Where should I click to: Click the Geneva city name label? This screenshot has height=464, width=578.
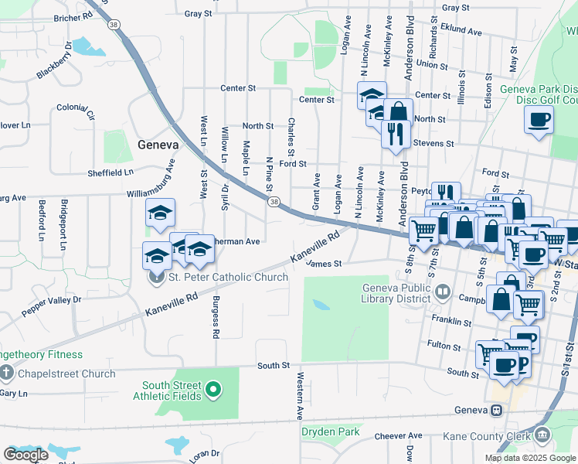click(x=158, y=145)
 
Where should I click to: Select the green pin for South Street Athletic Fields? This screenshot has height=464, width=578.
click(x=215, y=391)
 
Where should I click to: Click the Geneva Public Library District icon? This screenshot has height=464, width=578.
click(x=443, y=292)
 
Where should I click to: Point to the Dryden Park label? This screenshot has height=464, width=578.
click(x=331, y=432)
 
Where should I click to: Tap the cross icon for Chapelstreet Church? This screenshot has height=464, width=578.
click(x=7, y=374)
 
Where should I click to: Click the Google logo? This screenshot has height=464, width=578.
click(x=25, y=455)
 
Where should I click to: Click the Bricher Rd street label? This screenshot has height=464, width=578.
click(x=73, y=17)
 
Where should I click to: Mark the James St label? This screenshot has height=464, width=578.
click(x=325, y=264)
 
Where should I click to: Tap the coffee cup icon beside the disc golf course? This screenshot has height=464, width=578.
click(x=539, y=120)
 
